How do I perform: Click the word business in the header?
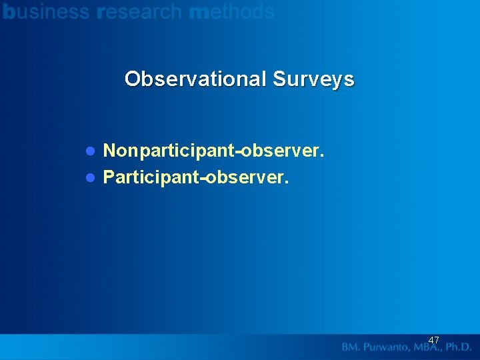(46, 11)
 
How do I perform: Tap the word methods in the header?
(231, 11)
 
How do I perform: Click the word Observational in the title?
(195, 79)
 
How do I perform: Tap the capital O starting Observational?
(132, 79)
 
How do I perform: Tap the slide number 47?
(433, 340)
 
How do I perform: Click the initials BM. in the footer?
(352, 347)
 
